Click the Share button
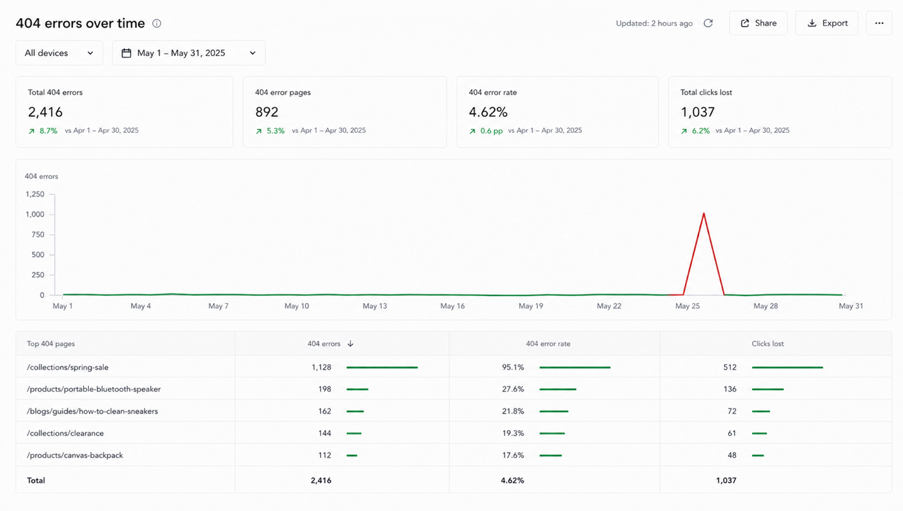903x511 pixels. pos(758,23)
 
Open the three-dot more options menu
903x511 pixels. pos(878,23)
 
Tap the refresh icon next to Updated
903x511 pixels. pos(708,23)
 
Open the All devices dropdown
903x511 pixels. pos(59,53)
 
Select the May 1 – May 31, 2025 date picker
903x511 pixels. pos(188,53)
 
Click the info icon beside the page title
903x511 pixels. pos(156,23)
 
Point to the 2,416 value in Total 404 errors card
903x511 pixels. pos(45,112)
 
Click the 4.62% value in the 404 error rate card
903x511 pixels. pos(488,112)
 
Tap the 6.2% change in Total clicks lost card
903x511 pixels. pos(700,131)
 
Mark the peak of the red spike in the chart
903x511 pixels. pos(704,213)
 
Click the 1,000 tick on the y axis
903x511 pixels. pos(35,214)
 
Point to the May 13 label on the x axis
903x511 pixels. pos(375,306)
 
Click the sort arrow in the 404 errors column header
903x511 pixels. pos(350,344)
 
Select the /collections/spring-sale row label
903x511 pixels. pos(67,367)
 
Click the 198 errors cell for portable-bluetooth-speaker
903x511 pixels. pos(324,389)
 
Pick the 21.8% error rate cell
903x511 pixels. pos(513,411)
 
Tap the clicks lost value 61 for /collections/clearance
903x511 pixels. pos(731,433)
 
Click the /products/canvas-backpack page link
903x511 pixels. pos(75,455)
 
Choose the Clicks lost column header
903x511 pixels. pos(768,344)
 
